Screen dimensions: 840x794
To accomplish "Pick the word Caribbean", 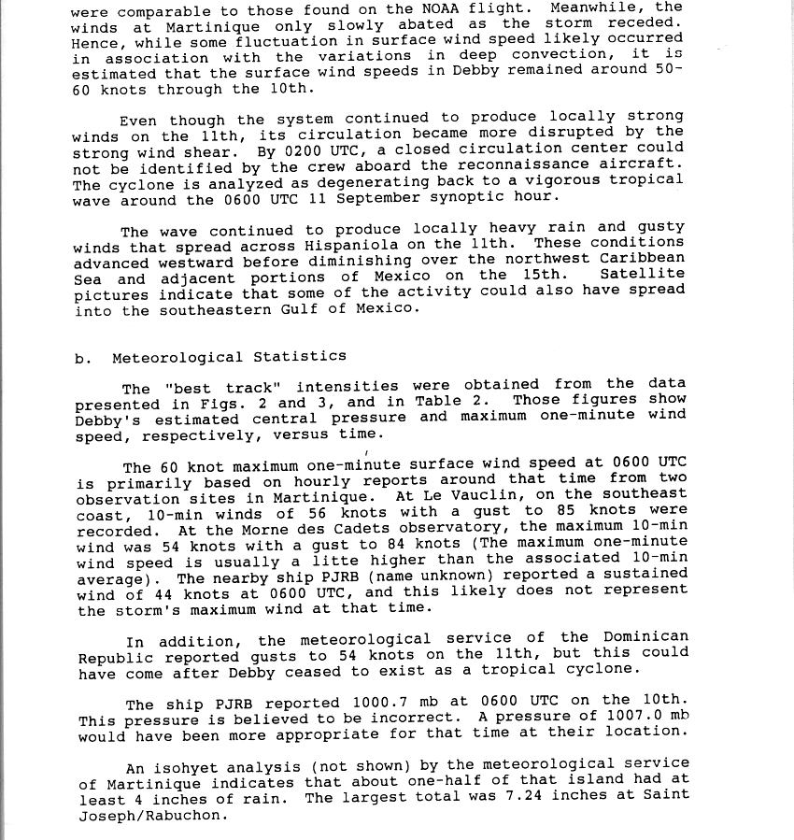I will [642, 258].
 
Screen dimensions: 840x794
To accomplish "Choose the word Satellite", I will [642, 274].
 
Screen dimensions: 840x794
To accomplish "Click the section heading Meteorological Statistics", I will [229, 356].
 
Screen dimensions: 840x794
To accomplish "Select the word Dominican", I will [642, 637].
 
